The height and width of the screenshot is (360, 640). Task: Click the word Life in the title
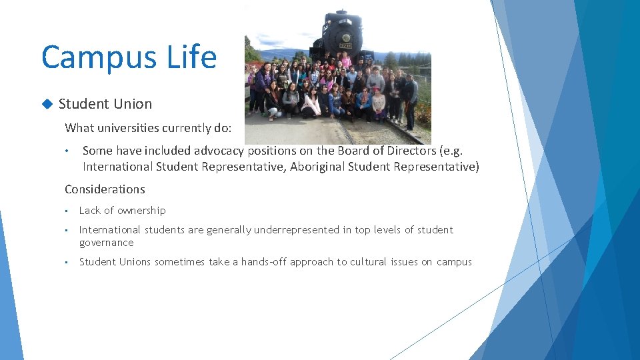coord(191,57)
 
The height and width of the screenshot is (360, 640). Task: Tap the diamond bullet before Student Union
coord(47,104)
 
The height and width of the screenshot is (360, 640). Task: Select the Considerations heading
coord(105,189)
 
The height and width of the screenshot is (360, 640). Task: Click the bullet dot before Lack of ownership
coord(67,211)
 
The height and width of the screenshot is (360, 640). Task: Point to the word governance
coord(106,243)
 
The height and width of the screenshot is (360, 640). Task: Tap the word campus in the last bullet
coord(454,262)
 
